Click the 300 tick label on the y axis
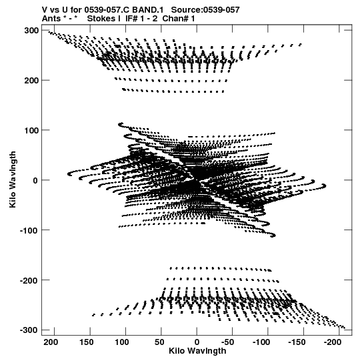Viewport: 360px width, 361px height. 31,31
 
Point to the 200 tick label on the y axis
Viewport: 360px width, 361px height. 31,80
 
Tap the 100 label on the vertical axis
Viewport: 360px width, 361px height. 31,130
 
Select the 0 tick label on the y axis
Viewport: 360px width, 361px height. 35,180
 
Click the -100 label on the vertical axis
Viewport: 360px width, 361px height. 29,230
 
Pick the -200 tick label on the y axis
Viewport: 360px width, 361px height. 29,280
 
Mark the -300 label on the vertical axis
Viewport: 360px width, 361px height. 29,330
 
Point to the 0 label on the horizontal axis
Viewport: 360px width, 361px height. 197,342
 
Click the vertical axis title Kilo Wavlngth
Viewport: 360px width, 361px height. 13,179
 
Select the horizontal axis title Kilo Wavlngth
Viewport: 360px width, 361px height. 197,351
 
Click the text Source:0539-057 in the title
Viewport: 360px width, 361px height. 205,10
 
